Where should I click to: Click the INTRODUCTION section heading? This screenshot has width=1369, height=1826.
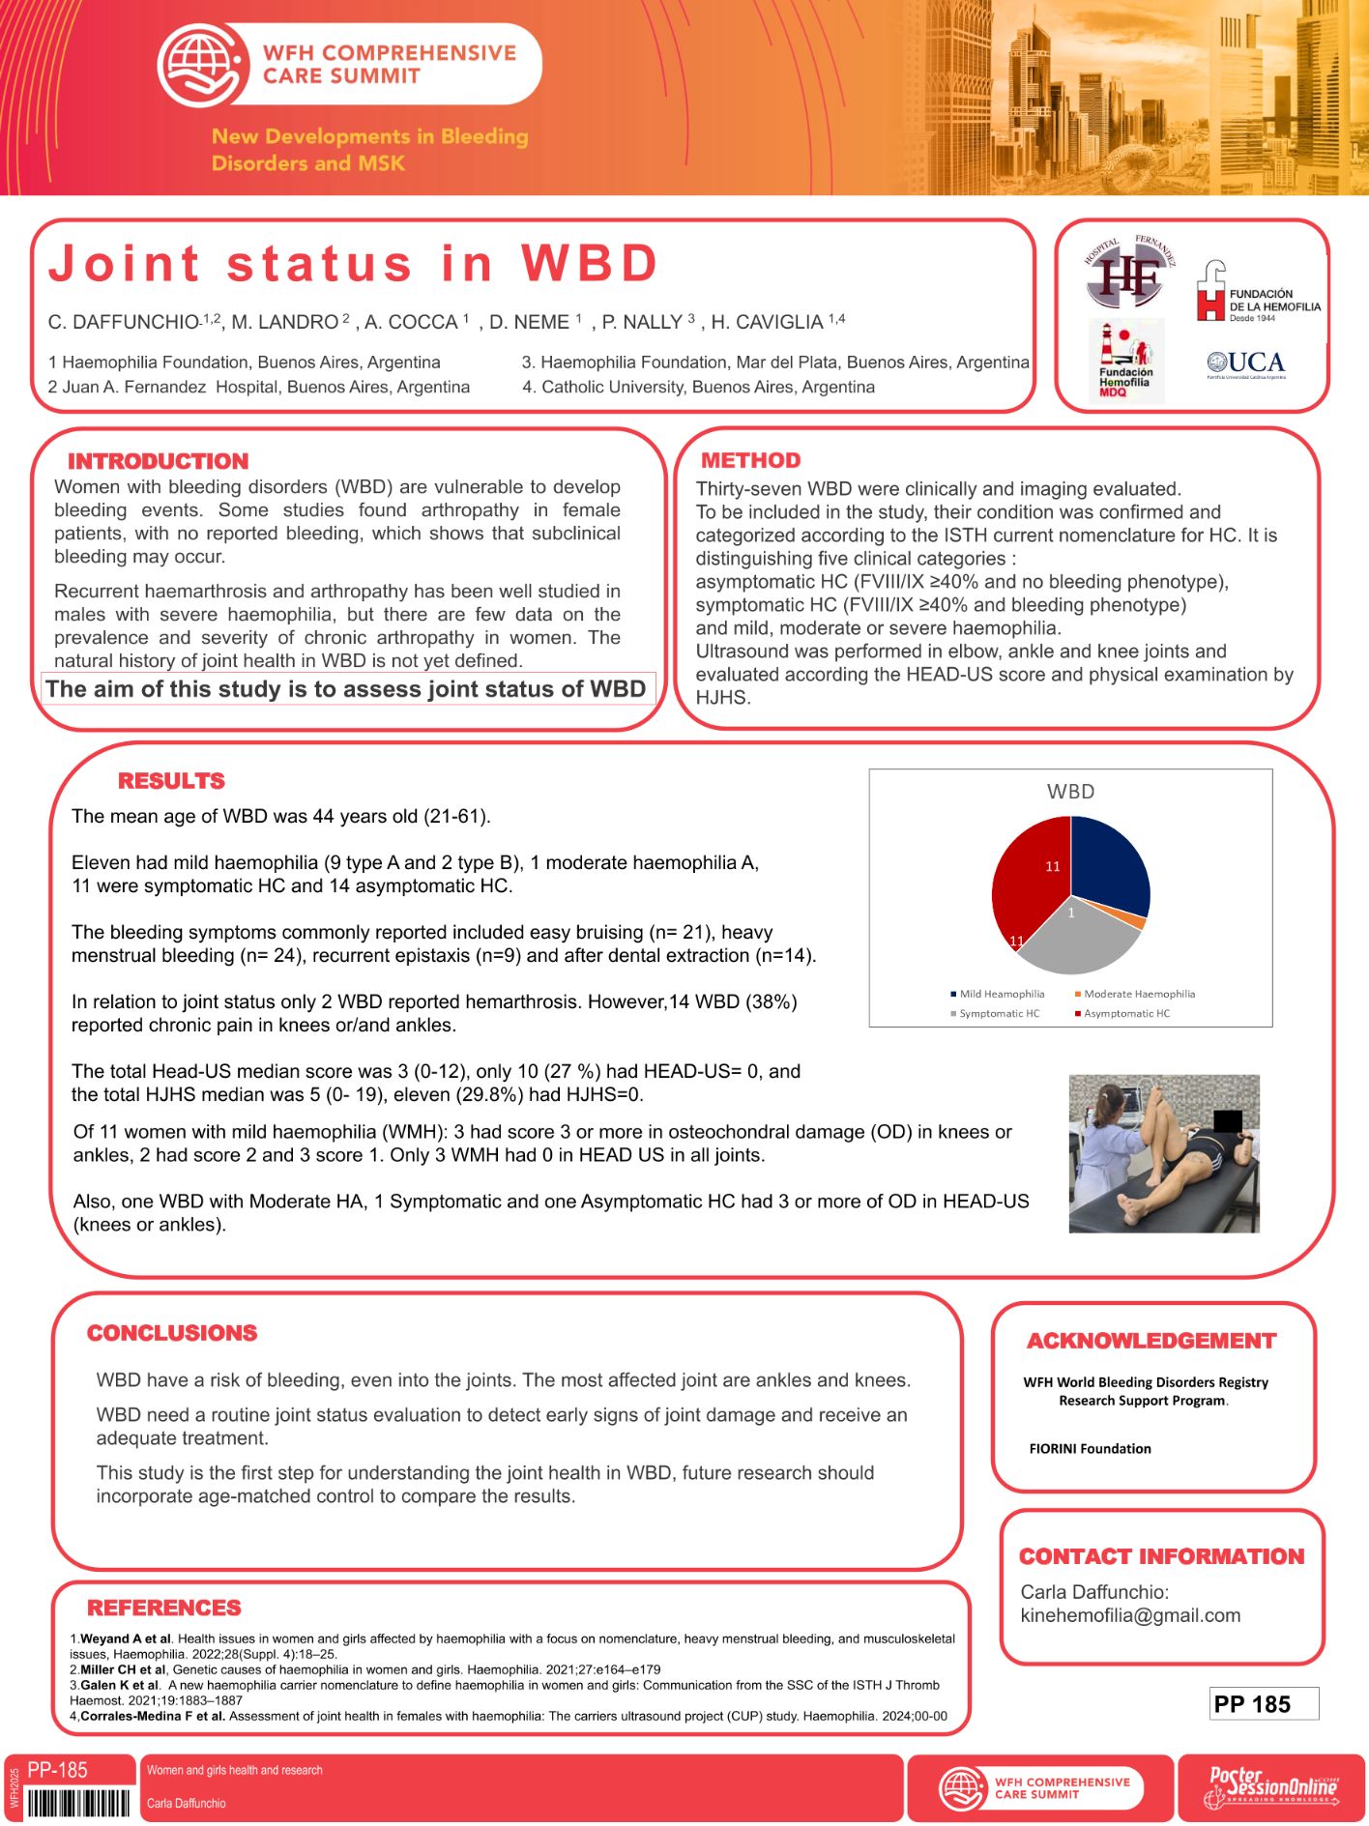[158, 461]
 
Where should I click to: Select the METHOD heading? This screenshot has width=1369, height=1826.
[750, 460]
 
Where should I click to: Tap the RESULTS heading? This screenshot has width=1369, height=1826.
[171, 781]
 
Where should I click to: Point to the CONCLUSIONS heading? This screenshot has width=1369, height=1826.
[172, 1333]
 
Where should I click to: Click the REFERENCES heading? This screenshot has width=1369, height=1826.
[164, 1608]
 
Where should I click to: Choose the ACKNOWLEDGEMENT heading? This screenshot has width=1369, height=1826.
[1151, 1341]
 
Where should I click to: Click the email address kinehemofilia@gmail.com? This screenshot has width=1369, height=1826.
[1130, 1615]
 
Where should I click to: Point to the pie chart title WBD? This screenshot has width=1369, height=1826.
[1070, 792]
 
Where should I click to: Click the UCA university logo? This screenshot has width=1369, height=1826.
[1246, 363]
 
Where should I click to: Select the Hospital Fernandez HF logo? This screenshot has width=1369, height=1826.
[1127, 274]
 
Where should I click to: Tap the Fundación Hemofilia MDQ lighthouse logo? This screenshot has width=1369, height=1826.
[1125, 360]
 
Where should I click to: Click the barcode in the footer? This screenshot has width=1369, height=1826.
[78, 1804]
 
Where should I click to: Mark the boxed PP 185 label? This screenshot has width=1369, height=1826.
[1263, 1704]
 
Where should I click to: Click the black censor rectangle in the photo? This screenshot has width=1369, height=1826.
[1227, 1121]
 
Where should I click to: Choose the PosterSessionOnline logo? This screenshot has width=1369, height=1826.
[1270, 1788]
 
